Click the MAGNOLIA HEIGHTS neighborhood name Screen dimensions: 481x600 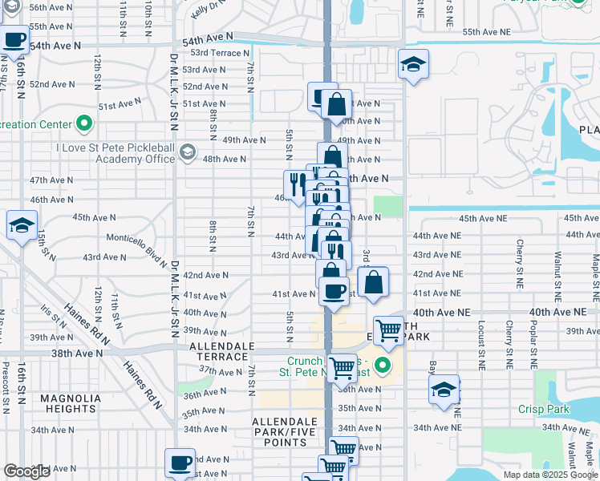tap(71, 404)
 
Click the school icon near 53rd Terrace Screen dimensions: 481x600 tap(413, 64)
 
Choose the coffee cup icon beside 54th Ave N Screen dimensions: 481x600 tap(14, 40)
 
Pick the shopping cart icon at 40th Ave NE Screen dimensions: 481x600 tap(389, 329)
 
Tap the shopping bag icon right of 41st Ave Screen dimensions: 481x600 tap(373, 282)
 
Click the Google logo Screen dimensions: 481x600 tap(27, 471)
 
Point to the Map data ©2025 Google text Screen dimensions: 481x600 tap(549, 475)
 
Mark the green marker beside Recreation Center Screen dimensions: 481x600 tap(84, 123)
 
